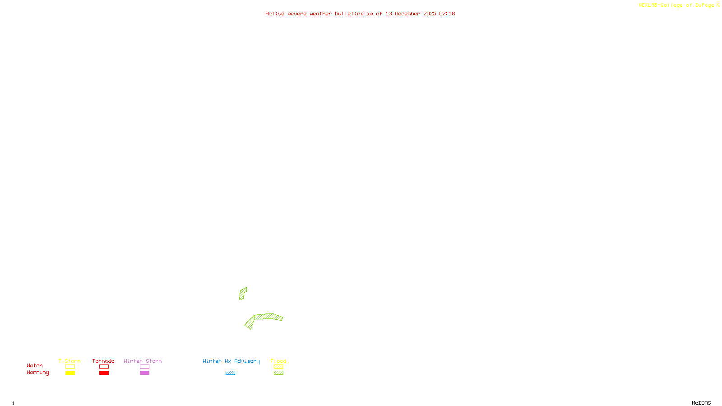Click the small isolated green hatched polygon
[242, 294]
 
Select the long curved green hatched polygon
[268, 317]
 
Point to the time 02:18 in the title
[447, 14]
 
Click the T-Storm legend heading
[69, 361]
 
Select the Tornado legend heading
[103, 361]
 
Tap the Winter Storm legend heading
[143, 361]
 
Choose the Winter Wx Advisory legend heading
[231, 361]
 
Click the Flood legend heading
[278, 361]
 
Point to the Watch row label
[35, 365]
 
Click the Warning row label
[37, 373]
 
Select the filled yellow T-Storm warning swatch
[70, 373]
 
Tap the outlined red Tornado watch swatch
[104, 367]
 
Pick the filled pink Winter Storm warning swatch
[144, 373]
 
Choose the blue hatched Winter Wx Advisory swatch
[230, 373]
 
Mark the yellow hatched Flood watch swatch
[278, 367]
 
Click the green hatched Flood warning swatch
[278, 373]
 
